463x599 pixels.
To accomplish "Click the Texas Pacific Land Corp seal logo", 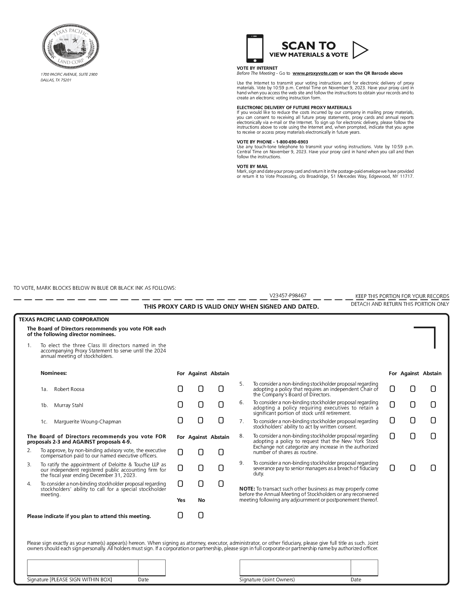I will point(70,46).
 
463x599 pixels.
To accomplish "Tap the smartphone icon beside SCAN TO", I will point(255,49).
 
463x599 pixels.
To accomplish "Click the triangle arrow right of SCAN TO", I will point(360,50).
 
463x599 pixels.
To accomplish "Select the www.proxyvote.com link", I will point(315,73).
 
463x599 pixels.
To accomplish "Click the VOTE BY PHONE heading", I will point(272,142).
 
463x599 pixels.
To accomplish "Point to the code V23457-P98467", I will point(288,295).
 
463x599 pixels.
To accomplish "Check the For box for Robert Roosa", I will point(180,389).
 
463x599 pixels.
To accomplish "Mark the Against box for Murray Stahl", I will point(201,404).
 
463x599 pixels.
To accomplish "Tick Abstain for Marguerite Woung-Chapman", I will point(221,420).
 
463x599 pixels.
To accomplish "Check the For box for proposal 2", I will point(180,452).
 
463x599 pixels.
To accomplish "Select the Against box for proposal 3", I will point(201,468).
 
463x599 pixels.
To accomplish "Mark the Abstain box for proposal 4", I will point(221,484).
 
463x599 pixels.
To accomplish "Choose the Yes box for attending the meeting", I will point(180,515).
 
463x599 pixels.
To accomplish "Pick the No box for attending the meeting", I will point(201,515).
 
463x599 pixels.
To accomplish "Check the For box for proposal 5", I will point(392,389).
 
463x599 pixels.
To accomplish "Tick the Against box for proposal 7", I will point(413,420).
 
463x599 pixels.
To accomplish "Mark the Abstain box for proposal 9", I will point(433,468).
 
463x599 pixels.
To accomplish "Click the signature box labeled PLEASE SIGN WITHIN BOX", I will point(83,567).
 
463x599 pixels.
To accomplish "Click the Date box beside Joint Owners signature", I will point(364,567).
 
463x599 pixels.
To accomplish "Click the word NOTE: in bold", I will point(247,489).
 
